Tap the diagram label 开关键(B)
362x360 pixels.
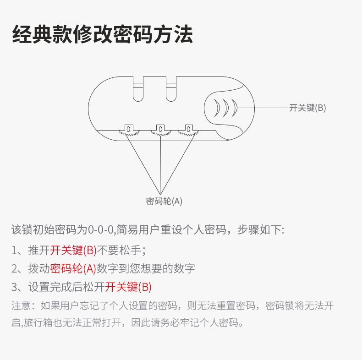[x=307, y=108]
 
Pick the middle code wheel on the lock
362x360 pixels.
[x=160, y=130]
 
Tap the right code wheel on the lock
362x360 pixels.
[x=188, y=130]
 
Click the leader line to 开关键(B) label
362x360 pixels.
[x=263, y=108]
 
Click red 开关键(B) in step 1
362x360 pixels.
[x=73, y=250]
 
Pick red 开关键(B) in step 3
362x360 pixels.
[x=128, y=287]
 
